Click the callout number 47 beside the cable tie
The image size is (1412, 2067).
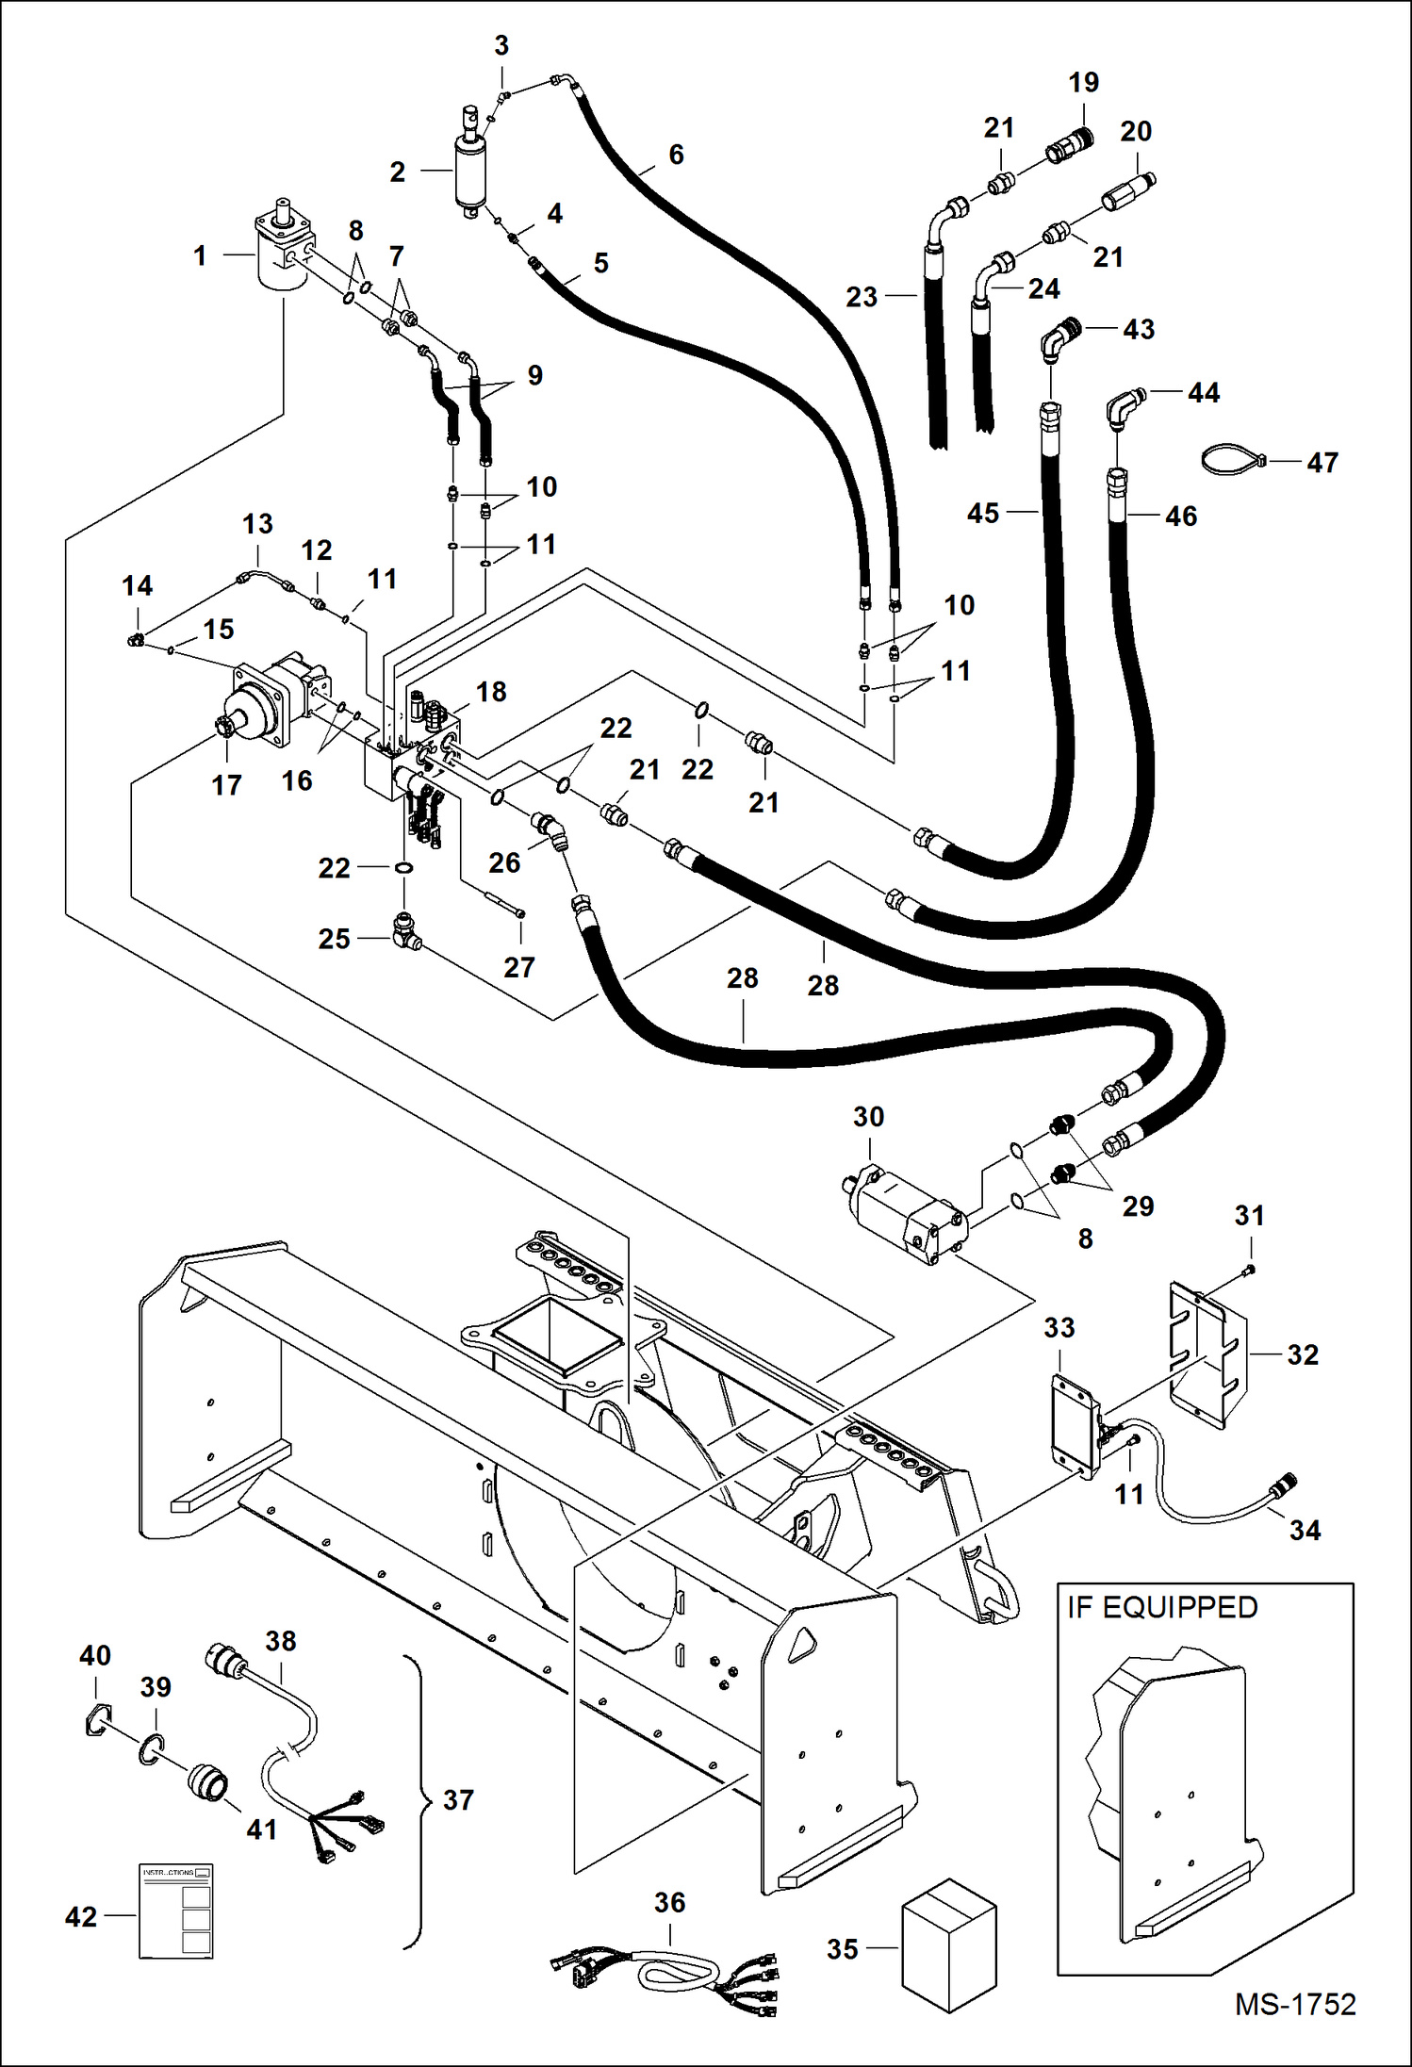coord(1322,463)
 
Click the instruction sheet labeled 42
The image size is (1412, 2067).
coord(175,1911)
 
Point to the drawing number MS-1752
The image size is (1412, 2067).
coord(1294,2004)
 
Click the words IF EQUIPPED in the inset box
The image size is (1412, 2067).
coord(1161,1607)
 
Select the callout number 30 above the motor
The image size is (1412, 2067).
coord(868,1117)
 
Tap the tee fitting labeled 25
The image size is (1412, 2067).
coord(406,935)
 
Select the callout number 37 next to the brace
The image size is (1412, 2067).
coord(458,1799)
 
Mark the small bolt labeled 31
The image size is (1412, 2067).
coord(1248,1271)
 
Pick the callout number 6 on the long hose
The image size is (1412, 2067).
coord(676,156)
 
